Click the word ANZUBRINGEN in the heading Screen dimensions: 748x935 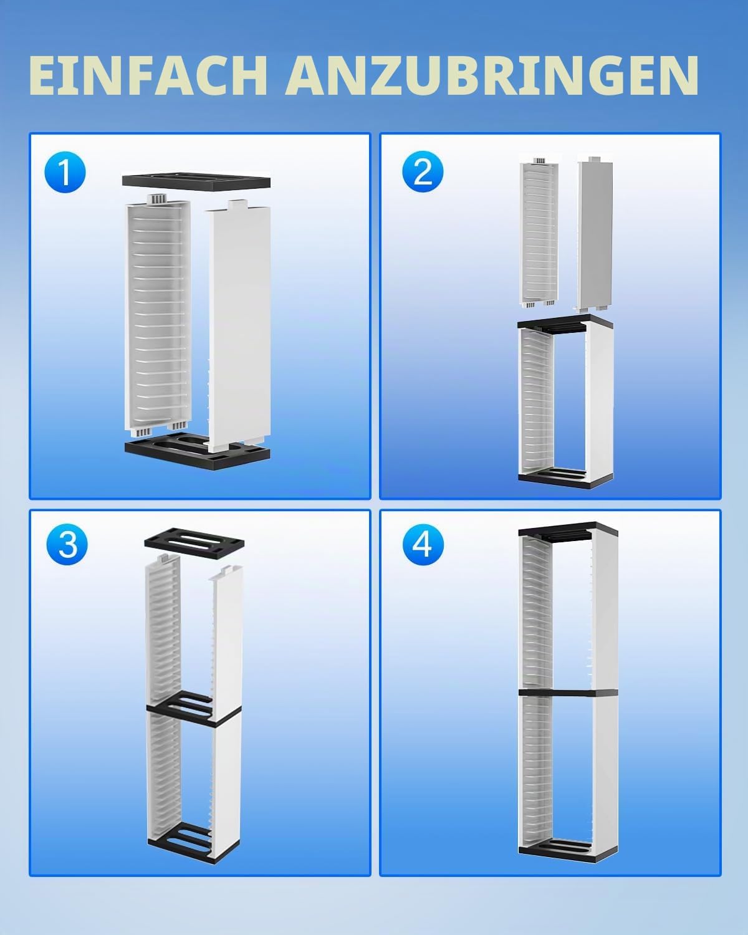coord(492,75)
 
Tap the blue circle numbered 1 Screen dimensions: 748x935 coord(65,172)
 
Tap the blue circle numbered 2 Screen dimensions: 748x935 coord(423,171)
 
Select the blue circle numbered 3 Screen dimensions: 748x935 coord(67,544)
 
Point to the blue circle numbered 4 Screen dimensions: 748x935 coord(423,544)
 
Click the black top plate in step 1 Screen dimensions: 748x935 coord(196,180)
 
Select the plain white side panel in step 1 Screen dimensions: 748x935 coord(239,326)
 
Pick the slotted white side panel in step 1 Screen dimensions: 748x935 coord(158,315)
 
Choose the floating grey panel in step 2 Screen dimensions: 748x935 coord(595,234)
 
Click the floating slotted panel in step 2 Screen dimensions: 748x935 coord(539,233)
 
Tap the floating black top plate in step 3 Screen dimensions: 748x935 coord(194,543)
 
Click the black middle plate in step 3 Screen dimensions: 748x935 coord(193,709)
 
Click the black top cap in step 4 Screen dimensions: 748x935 coord(568,532)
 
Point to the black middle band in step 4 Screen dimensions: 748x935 coord(568,692)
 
